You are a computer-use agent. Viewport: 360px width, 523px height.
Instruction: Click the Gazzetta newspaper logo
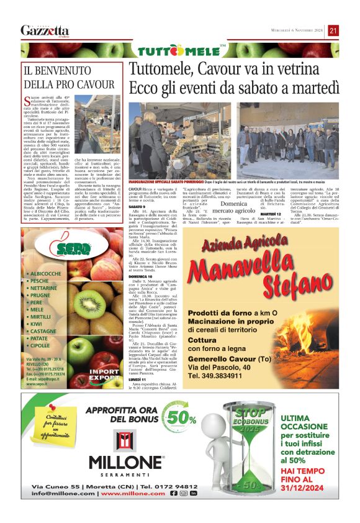click(44, 30)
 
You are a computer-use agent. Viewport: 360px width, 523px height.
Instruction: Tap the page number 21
click(333, 30)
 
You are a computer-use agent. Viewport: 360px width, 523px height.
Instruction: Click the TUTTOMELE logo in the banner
click(180, 50)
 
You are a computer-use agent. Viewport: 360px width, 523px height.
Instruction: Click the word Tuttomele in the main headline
click(161, 71)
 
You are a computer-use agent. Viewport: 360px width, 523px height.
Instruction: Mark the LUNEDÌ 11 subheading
click(138, 379)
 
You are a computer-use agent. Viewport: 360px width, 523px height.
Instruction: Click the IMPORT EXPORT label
click(104, 375)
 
